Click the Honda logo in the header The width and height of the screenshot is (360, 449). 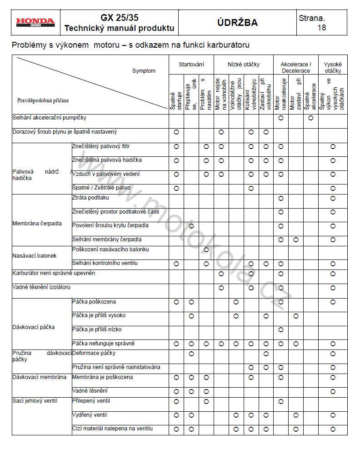tap(35, 22)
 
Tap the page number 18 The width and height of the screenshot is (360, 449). tap(321, 28)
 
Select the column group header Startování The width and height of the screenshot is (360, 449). tap(191, 65)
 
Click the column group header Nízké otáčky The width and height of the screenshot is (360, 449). tap(244, 65)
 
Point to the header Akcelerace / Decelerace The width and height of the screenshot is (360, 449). tap(295, 68)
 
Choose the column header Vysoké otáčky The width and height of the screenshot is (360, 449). tap(333, 68)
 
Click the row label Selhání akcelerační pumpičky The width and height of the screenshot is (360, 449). tap(49, 118)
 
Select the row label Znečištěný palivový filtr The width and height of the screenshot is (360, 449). tap(101, 146)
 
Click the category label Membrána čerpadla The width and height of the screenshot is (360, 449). tap(37, 224)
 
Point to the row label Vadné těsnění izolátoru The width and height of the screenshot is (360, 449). tap(41, 287)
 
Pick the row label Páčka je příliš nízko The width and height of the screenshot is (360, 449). tap(97, 329)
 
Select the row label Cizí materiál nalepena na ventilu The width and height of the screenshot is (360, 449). tap(112, 429)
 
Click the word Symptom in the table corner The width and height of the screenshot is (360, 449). tap(144, 71)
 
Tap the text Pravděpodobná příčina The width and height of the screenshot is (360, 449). tap(43, 100)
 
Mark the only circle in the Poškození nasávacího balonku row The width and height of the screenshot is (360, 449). tap(206, 249)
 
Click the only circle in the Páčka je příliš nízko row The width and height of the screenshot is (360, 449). tap(281, 329)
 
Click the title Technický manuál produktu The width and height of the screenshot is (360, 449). tap(120, 28)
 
